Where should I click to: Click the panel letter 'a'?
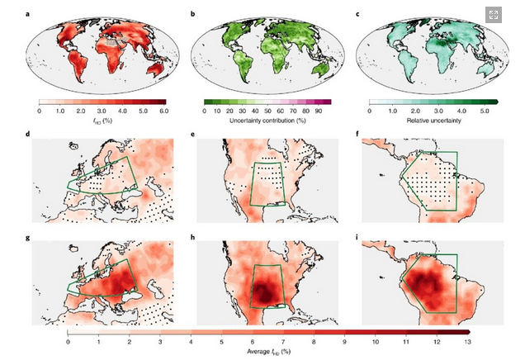30,12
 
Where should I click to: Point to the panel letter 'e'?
193,134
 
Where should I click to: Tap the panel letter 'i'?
357,238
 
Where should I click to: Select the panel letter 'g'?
30,238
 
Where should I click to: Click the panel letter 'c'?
357,12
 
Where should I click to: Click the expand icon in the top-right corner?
495,16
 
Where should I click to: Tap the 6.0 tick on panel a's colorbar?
163,110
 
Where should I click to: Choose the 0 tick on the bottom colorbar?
68,341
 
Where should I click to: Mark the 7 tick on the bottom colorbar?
283,341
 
